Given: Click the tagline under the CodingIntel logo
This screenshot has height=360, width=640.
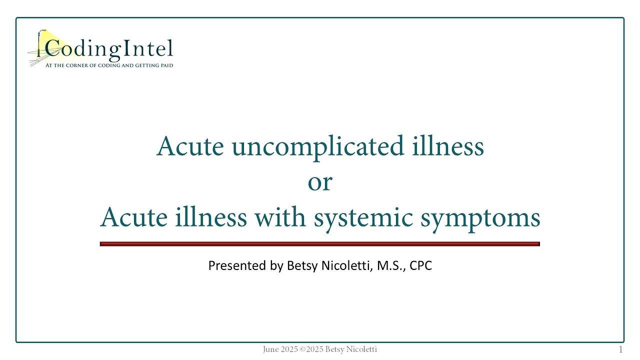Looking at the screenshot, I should coord(109,65).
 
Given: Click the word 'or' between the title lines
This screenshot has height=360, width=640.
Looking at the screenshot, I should coord(320,182).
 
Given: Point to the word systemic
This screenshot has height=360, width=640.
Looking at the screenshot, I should coord(363,218).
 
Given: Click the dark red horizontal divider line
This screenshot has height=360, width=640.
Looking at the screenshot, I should coord(320,244).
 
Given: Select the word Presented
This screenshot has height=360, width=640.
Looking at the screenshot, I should coord(238,265).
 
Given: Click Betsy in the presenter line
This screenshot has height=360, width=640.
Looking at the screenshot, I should coord(299,265).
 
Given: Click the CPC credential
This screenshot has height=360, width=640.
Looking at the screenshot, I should coord(420,265).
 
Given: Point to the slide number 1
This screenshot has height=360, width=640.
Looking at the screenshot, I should coord(621,349).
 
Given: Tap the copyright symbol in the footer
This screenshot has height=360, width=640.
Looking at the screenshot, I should coord(302,349).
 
